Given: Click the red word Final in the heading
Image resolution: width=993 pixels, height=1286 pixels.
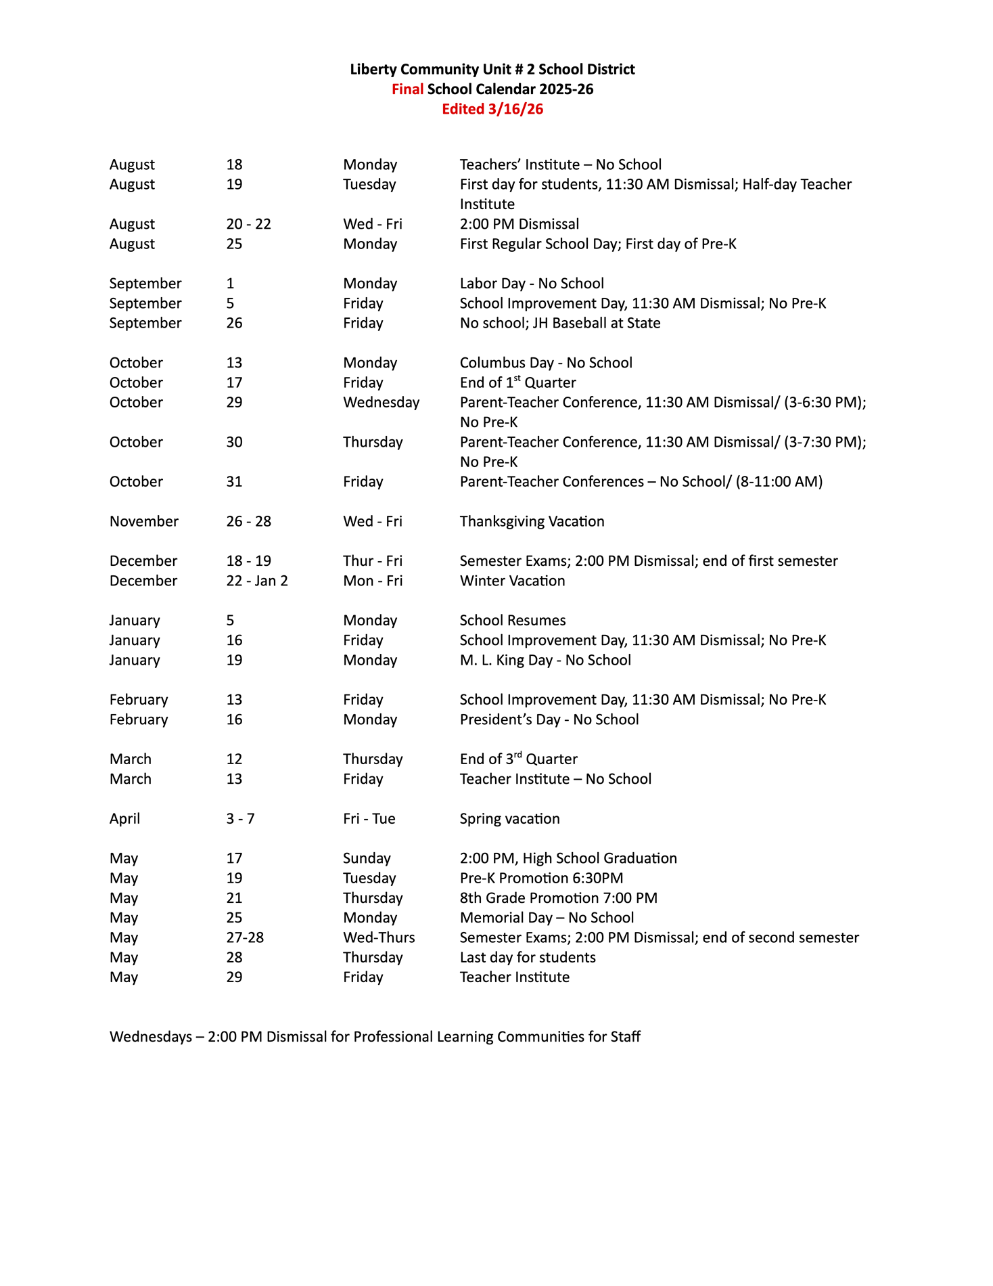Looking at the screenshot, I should tap(407, 89).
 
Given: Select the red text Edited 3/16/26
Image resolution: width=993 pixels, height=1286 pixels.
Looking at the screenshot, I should tap(492, 109).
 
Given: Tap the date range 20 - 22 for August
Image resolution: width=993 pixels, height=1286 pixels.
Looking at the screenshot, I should tap(248, 224).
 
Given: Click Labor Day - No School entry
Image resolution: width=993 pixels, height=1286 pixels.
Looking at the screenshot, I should tap(532, 284).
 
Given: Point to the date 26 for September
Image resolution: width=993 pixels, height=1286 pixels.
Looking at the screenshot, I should tap(234, 323).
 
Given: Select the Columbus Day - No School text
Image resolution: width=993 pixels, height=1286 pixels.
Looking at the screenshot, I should tap(546, 363).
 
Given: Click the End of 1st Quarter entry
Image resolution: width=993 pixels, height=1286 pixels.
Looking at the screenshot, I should tap(517, 382).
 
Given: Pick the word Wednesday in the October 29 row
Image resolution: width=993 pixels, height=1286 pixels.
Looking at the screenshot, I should tap(381, 402).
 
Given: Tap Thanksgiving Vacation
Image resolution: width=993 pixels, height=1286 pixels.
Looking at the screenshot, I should tap(532, 521).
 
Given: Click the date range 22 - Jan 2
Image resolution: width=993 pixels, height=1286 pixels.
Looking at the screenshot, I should tap(256, 581).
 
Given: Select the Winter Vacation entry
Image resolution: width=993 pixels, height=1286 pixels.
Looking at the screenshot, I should tap(512, 581).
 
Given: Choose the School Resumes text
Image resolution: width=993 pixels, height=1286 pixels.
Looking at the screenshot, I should tap(513, 620).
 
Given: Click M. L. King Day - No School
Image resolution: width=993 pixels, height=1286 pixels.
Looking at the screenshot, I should tap(545, 660).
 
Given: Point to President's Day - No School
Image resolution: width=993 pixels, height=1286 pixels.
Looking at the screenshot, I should tap(549, 719).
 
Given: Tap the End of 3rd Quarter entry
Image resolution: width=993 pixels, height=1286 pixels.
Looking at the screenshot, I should tap(518, 759).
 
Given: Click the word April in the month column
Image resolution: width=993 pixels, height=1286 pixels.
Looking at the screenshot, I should tap(124, 818).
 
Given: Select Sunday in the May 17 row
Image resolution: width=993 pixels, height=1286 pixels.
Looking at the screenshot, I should tap(367, 858).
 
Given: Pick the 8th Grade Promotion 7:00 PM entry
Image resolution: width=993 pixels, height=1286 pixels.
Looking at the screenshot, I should tap(558, 897).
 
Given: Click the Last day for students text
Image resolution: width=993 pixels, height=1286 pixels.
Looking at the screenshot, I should tap(528, 957).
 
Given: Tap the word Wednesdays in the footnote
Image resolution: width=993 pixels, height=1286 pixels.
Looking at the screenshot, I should tap(150, 1036).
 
